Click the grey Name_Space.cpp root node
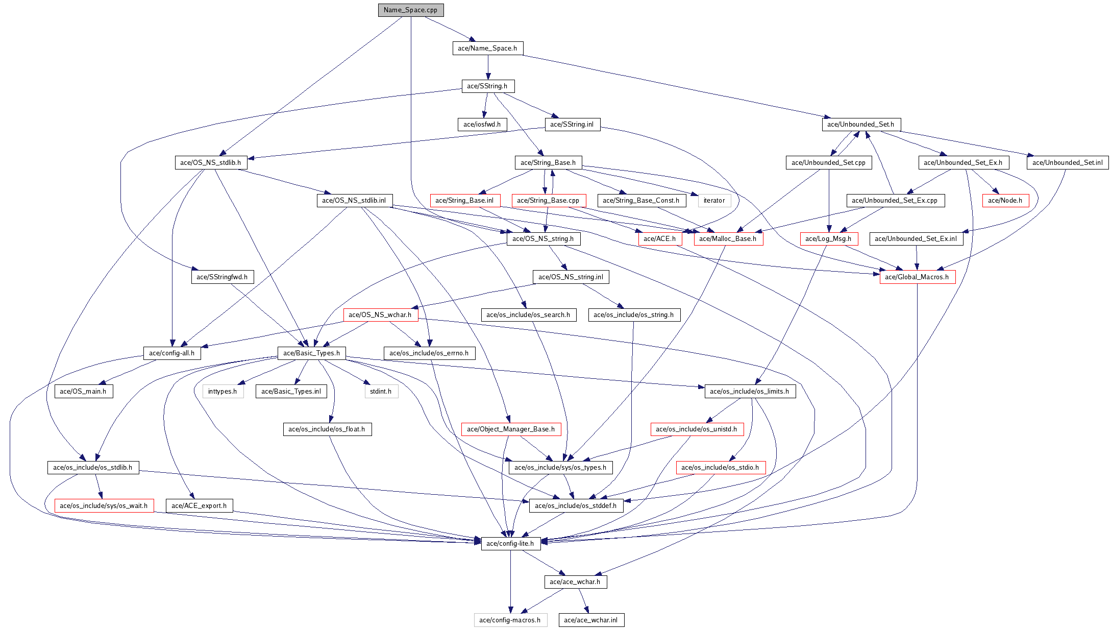pos(410,10)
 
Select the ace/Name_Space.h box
pos(487,49)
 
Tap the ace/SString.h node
pos(487,86)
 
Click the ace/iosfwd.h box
pos(482,125)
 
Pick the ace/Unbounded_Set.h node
pos(860,125)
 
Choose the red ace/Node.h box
pos(1005,201)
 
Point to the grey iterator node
pos(714,201)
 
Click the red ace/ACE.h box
pos(659,239)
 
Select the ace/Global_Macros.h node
pos(917,277)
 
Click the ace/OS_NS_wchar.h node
pos(380,315)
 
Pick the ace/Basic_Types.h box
pos(311,353)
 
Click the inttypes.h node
pos(223,392)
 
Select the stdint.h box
pos(381,392)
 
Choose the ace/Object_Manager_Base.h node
pos(510,429)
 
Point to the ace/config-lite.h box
pos(510,544)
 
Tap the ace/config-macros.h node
pos(510,620)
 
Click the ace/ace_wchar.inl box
pos(590,620)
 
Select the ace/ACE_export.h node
pos(199,506)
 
